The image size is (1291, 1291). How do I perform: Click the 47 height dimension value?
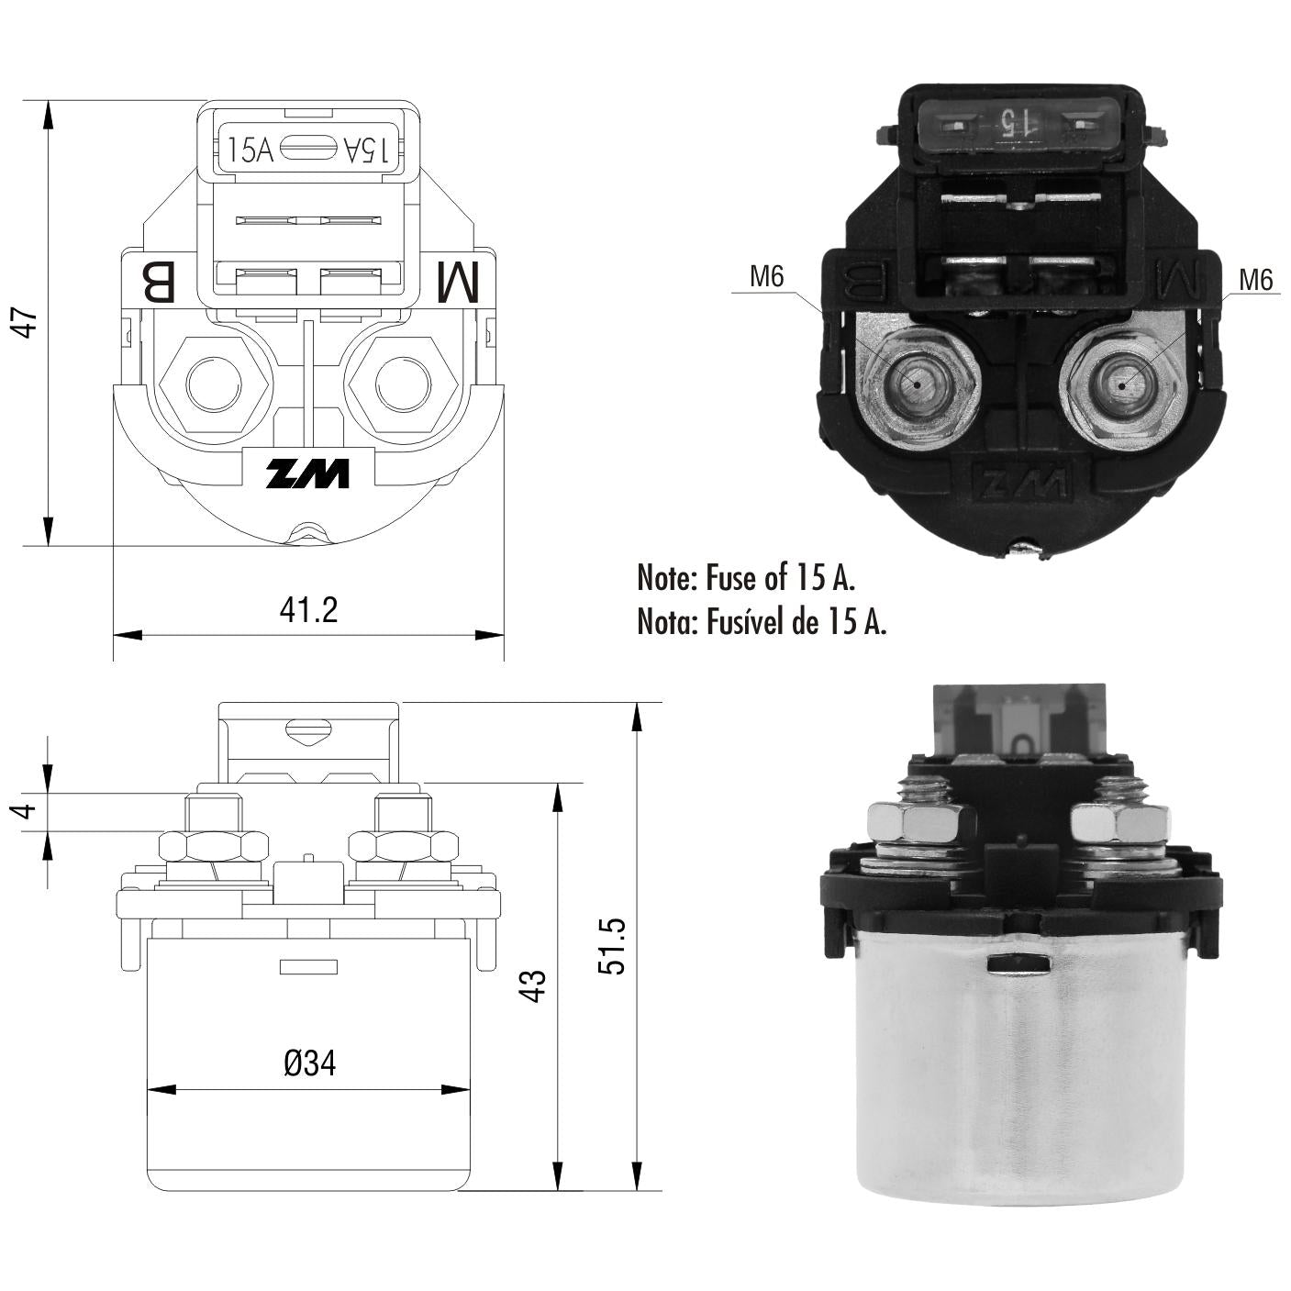coord(28,322)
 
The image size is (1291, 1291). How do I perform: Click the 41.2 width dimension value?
coord(308,610)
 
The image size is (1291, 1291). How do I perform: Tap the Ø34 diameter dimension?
coord(309,1063)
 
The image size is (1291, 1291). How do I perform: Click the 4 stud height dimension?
coord(25,811)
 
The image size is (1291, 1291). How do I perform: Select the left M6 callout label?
coord(766,276)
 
